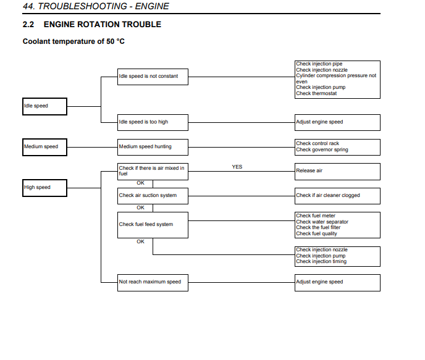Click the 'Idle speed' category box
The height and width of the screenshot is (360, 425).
[x=44, y=106]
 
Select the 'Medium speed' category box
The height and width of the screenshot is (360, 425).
[x=44, y=148]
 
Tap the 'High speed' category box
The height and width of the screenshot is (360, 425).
[x=44, y=188]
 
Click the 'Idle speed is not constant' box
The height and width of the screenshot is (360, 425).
[x=153, y=77]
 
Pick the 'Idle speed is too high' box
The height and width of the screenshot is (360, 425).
[x=153, y=123]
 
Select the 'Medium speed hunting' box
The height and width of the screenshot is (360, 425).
[x=153, y=148]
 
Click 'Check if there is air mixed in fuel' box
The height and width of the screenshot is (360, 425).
[x=153, y=172]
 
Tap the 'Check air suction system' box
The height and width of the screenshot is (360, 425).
[x=153, y=196]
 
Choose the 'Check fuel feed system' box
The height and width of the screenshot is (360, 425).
[x=153, y=225]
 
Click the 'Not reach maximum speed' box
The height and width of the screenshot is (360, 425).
[x=153, y=283]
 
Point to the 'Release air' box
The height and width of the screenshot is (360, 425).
[x=337, y=172]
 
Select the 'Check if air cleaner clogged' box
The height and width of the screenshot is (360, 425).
[x=337, y=196]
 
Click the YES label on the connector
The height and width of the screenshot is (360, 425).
[x=237, y=167]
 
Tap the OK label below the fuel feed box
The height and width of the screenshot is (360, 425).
[x=140, y=241]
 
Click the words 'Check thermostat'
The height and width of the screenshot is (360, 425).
[x=316, y=93]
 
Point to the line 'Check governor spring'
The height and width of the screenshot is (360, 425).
[x=322, y=149]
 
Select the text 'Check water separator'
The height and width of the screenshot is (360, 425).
[x=322, y=222]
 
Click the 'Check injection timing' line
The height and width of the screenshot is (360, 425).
[x=321, y=261]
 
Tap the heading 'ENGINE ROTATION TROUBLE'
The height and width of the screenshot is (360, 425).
[x=103, y=24]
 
